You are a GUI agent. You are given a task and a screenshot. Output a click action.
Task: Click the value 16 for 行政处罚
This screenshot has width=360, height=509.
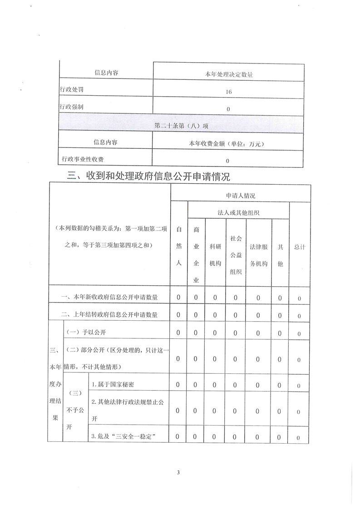pos(228,92)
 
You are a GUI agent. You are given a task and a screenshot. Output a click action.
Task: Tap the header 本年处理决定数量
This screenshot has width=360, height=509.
pos(228,73)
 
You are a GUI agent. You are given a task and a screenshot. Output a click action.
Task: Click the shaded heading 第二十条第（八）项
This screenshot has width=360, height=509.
pos(181,125)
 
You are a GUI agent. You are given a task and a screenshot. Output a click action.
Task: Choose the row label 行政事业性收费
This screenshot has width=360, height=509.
pos(85,159)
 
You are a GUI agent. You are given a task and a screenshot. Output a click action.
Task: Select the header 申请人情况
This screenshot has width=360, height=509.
pos(241,196)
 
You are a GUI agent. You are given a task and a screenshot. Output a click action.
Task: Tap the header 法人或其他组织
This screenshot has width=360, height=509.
pos(238,212)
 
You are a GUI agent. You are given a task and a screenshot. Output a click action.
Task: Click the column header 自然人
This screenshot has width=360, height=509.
pos(179,247)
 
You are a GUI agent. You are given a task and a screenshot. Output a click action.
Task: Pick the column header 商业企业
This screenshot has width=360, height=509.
pos(196,255)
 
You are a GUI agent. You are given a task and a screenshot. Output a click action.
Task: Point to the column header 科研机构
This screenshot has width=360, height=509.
pos(215,255)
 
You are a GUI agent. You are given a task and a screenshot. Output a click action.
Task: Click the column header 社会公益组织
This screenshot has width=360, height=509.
pos(235,254)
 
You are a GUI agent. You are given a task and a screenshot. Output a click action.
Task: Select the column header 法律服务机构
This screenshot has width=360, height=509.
pos(258,255)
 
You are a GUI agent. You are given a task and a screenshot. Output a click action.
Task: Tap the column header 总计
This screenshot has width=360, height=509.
pos(299,247)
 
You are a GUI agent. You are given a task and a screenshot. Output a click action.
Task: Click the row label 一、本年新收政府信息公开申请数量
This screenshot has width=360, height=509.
pos(109,298)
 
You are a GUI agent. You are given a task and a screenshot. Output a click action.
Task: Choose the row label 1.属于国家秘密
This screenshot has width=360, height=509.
pos(113,384)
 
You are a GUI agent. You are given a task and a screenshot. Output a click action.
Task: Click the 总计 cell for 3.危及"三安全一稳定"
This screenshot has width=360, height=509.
pos(299,437)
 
